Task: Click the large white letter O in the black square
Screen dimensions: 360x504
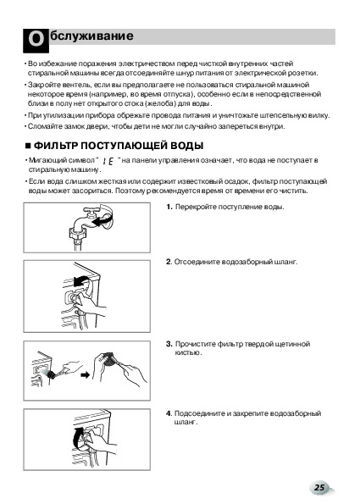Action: (x=36, y=40)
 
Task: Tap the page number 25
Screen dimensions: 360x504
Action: (x=319, y=487)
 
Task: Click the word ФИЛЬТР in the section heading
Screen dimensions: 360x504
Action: (x=56, y=146)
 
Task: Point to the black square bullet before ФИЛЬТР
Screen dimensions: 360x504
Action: (x=28, y=146)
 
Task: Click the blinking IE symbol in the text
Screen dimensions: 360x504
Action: (x=108, y=161)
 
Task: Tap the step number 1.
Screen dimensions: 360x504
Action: (x=169, y=207)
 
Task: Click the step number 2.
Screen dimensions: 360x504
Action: (x=169, y=262)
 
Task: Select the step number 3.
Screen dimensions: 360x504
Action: (x=169, y=344)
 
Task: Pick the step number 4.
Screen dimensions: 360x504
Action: (x=169, y=413)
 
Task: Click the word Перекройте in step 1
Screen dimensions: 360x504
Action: (x=196, y=207)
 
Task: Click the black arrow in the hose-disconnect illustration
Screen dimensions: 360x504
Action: (x=80, y=281)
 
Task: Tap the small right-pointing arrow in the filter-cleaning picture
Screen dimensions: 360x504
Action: (x=86, y=374)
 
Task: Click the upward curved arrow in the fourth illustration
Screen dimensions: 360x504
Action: (x=80, y=437)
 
